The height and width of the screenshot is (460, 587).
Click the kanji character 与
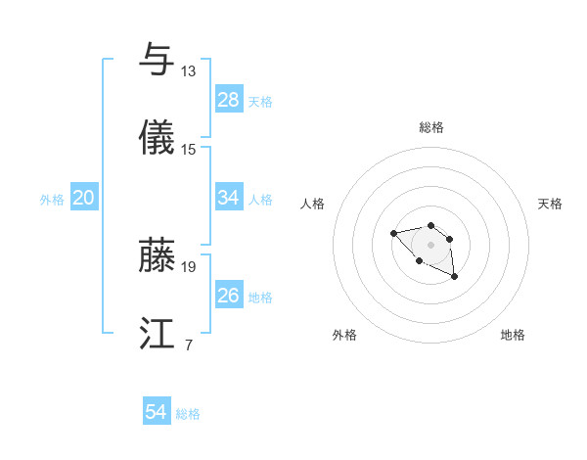[158, 60]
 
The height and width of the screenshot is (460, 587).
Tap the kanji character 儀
[158, 139]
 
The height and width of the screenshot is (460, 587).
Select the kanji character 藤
[158, 255]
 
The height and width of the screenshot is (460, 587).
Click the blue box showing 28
[228, 100]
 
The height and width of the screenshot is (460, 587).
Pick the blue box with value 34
[228, 198]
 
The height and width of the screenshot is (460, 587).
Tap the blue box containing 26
[228, 296]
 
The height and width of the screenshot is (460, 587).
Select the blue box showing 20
[83, 198]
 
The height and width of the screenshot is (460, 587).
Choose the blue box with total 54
[156, 412]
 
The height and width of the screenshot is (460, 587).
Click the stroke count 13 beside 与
[189, 71]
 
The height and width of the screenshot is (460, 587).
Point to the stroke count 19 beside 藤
[189, 266]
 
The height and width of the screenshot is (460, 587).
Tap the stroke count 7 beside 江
[188, 345]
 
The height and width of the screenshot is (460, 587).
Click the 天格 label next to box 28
[260, 101]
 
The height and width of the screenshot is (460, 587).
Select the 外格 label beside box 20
[52, 199]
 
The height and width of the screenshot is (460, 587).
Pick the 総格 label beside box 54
[188, 413]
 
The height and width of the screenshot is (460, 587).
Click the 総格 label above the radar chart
[430, 127]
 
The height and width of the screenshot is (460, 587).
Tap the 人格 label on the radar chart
[313, 204]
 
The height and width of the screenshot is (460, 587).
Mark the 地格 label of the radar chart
[513, 335]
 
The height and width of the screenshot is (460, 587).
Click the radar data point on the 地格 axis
[455, 277]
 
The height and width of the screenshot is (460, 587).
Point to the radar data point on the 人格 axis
[393, 233]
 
